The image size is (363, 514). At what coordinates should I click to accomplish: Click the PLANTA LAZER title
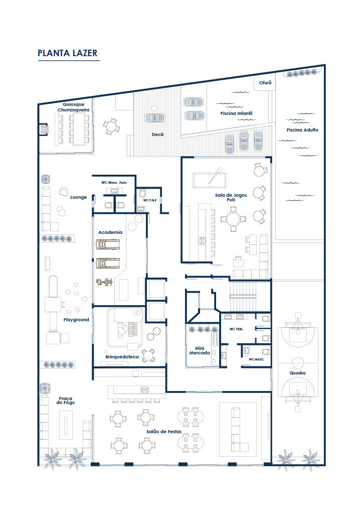pos(67,53)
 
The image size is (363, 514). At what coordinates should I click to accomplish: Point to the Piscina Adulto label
pos(302,130)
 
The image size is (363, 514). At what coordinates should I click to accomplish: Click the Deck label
pos(158,134)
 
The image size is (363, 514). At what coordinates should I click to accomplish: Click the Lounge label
pos(78,197)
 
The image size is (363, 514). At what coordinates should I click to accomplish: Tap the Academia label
pos(110,232)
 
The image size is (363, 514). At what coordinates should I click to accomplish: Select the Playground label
pos(76,320)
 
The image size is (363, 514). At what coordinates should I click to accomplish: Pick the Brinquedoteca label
pos(119,357)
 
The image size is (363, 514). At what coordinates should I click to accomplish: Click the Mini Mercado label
pos(199,350)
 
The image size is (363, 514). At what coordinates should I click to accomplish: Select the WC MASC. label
pos(256,360)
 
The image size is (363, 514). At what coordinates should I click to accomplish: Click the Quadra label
pos(298,373)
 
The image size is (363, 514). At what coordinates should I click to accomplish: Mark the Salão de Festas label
pos(164,432)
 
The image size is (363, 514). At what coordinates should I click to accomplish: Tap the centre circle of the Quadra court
pos(298,362)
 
